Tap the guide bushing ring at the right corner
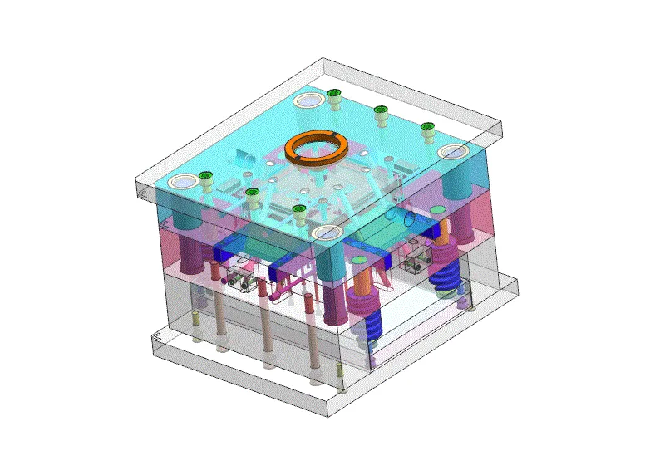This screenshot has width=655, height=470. pyautogui.click(x=454, y=152)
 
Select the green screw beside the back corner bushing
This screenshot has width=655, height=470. pyautogui.click(x=335, y=95)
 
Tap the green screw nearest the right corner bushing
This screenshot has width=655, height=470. pyautogui.click(x=427, y=129)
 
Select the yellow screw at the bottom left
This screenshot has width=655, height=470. pyautogui.click(x=195, y=320)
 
